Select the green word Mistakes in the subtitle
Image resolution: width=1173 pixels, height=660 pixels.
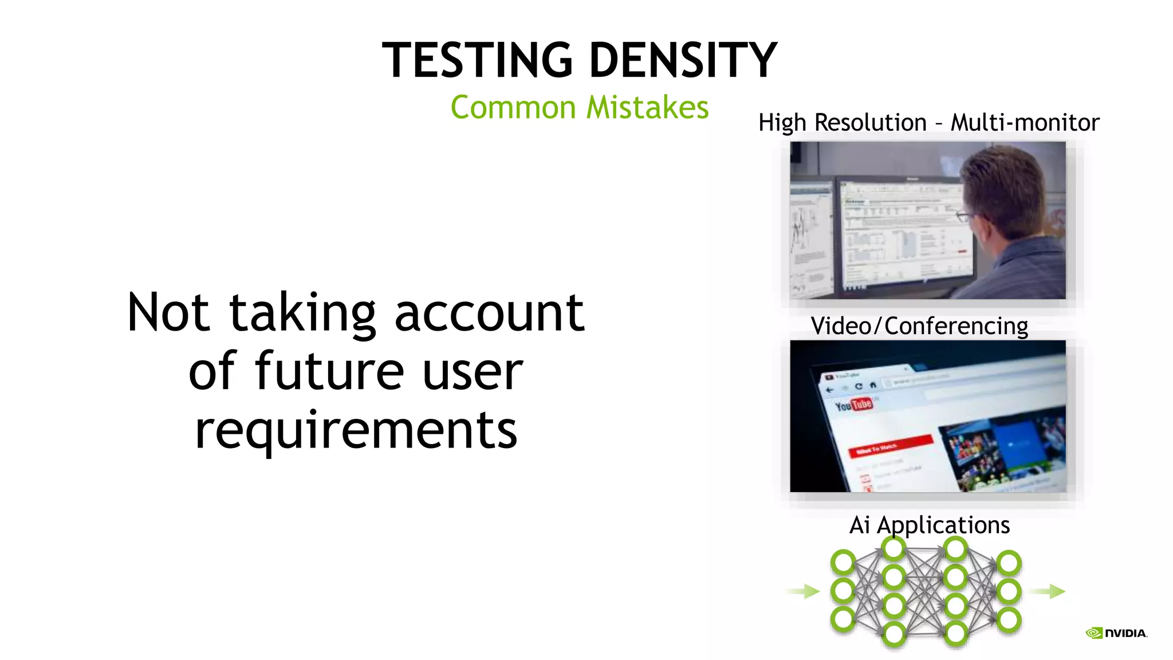pos(647,108)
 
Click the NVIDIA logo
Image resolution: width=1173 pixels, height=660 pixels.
pos(1116,633)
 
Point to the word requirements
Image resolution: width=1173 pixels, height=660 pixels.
pos(356,431)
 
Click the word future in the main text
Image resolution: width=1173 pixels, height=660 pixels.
pos(329,371)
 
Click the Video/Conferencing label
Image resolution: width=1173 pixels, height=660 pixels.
pos(919,326)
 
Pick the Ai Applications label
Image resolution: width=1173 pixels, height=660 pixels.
pos(929,525)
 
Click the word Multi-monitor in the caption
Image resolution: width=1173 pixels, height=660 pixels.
pos(1025,123)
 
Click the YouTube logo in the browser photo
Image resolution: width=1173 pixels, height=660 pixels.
pos(853,405)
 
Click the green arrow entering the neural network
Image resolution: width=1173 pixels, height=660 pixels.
pos(804,591)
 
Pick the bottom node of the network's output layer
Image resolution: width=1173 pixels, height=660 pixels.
pos(1009,620)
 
